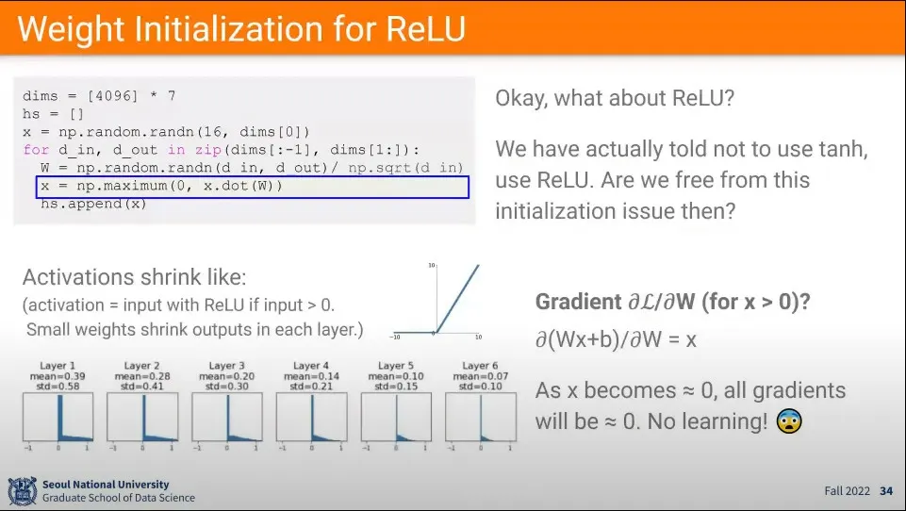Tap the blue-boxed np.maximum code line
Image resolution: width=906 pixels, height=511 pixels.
160,187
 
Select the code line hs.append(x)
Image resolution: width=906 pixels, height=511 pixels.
93,204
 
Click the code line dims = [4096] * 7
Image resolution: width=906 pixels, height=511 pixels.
99,96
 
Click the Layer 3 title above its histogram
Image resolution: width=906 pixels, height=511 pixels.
227,366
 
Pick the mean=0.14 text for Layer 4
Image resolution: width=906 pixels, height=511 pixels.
311,375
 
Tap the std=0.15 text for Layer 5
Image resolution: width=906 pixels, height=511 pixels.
396,385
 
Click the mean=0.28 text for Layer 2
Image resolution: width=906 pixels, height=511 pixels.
143,375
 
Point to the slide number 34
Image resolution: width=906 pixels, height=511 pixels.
885,491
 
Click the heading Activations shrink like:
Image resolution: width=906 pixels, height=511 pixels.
134,277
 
